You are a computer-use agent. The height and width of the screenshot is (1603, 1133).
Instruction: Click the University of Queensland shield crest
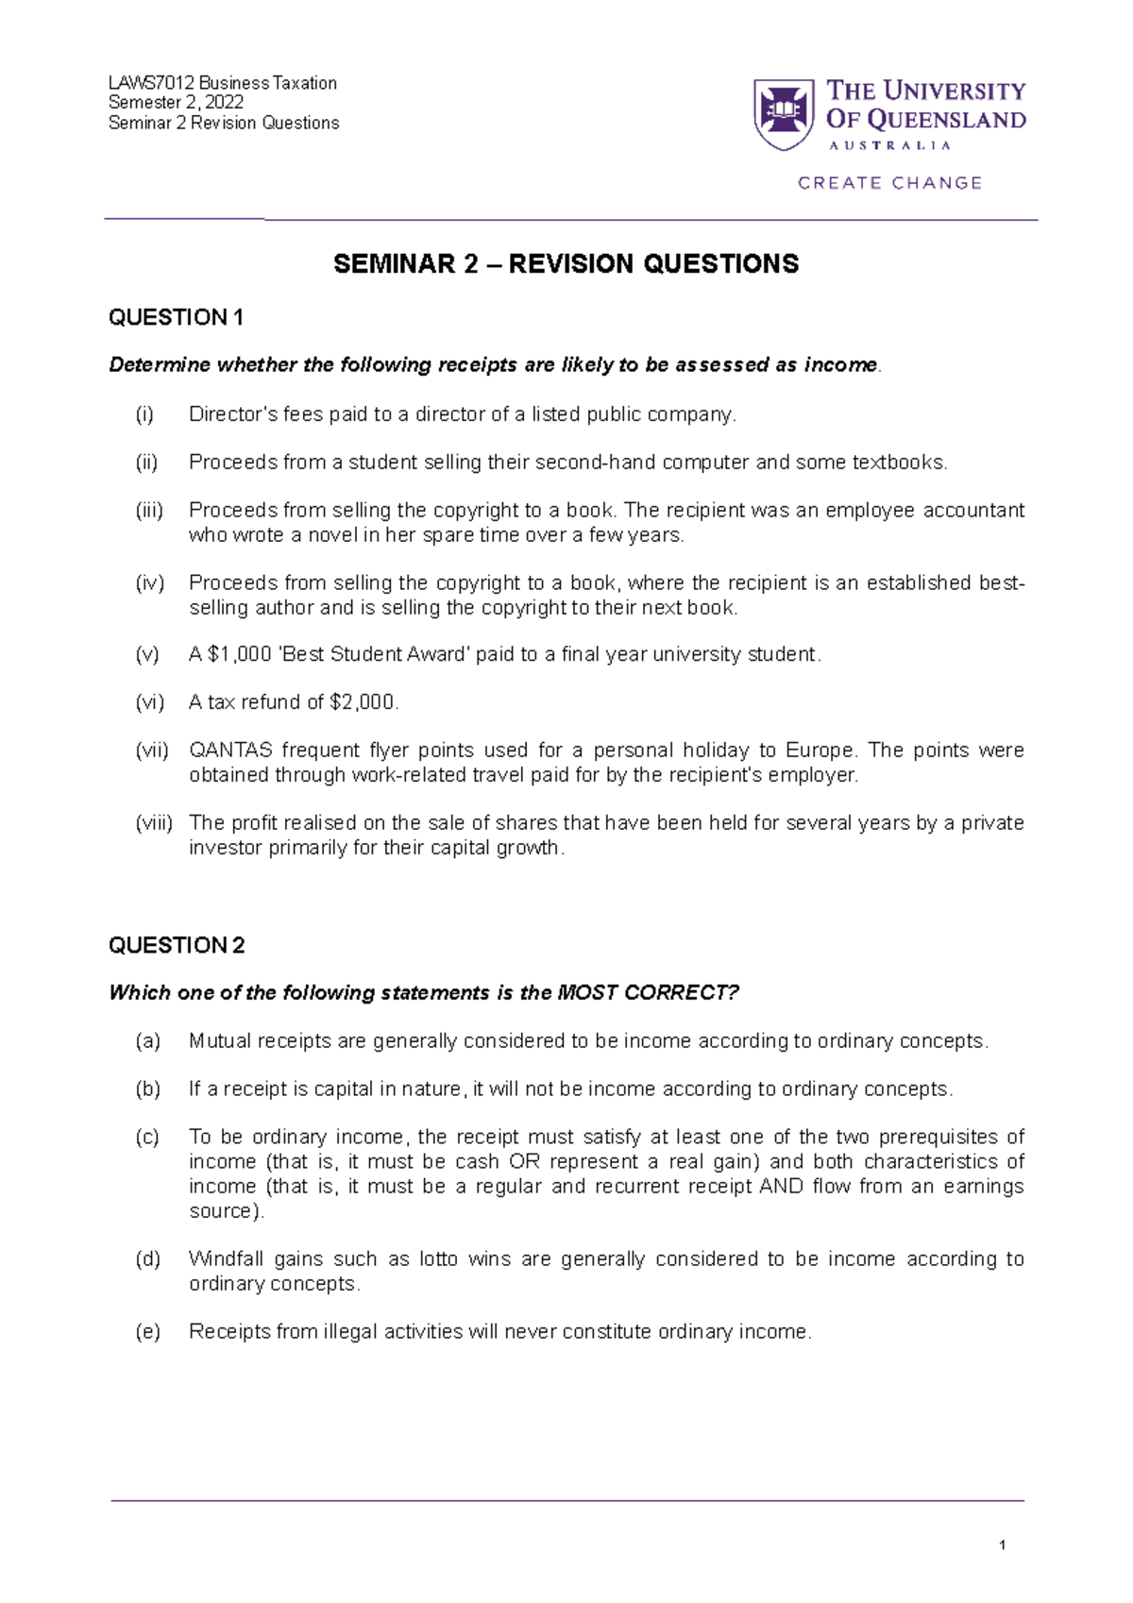pyautogui.click(x=783, y=114)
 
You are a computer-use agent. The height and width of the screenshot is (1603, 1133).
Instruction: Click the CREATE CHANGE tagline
pyautogui.click(x=889, y=183)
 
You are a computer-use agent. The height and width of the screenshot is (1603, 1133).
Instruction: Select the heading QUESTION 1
pyautogui.click(x=176, y=318)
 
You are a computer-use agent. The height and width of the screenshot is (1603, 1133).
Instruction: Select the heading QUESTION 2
pyautogui.click(x=177, y=946)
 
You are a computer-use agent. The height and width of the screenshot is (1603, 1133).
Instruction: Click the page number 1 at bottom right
pyautogui.click(x=1002, y=1545)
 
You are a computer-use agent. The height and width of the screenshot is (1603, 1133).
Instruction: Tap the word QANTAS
pyautogui.click(x=230, y=751)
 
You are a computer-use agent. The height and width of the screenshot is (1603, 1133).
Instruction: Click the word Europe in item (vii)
pyautogui.click(x=820, y=751)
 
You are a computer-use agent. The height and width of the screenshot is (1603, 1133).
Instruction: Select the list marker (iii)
pyautogui.click(x=149, y=511)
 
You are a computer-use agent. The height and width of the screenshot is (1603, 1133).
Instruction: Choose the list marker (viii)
pyautogui.click(x=153, y=823)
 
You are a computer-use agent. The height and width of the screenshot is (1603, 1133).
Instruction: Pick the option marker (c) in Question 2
pyautogui.click(x=147, y=1138)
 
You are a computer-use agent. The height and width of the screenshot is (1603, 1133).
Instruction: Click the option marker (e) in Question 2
pyautogui.click(x=147, y=1332)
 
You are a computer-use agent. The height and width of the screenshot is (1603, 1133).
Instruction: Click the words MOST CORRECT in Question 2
pyautogui.click(x=648, y=993)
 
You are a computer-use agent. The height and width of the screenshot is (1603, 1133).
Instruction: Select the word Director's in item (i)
pyautogui.click(x=228, y=414)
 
